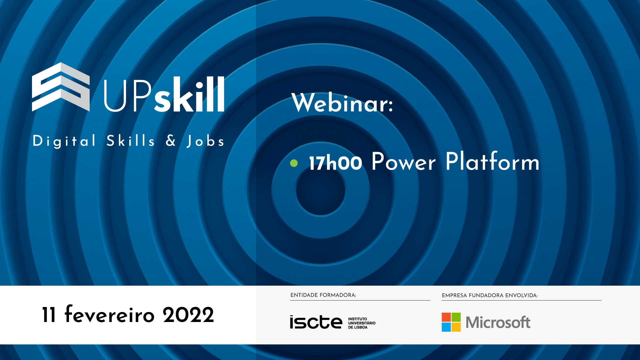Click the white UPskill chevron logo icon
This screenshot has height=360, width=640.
(x=61, y=87)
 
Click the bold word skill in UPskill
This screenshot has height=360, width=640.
(x=189, y=94)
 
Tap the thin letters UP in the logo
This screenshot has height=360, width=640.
(x=128, y=96)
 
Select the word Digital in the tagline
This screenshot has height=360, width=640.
(x=64, y=141)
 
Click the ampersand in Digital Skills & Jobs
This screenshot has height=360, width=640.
(x=171, y=140)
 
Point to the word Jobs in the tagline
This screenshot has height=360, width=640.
(x=205, y=141)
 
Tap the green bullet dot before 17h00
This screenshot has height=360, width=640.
(x=294, y=163)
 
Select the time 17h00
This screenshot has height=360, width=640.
(x=335, y=163)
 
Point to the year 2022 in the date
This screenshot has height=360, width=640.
(x=188, y=315)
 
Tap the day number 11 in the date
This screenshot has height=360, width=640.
(x=49, y=315)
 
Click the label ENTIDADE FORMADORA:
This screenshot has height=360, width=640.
(x=323, y=295)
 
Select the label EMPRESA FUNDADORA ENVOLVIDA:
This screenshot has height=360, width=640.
(x=490, y=295)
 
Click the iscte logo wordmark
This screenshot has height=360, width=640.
(x=316, y=322)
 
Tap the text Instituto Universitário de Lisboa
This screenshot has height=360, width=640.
(x=362, y=323)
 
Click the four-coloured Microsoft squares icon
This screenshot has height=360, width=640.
(x=451, y=322)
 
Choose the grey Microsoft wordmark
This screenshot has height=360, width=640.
(x=498, y=322)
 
